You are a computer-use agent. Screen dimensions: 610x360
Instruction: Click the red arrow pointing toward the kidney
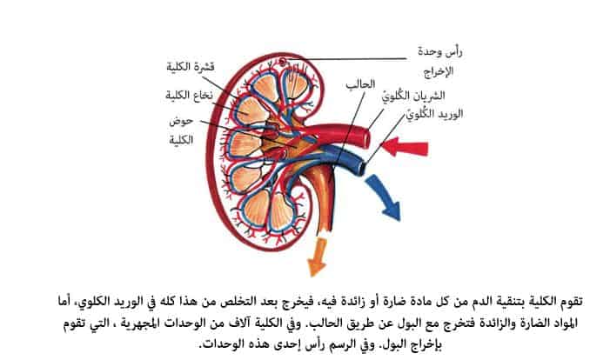tap(405, 147)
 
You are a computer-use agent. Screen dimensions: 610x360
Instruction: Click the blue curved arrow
tap(385, 197)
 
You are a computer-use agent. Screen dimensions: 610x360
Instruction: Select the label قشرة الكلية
tap(191, 67)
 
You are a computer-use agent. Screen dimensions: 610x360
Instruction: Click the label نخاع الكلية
tap(189, 96)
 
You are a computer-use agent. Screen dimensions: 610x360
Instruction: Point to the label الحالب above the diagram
tap(360, 84)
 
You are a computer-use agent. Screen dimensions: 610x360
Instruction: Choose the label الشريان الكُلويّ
tap(413, 96)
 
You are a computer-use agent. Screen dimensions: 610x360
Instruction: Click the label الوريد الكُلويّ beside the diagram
tap(434, 114)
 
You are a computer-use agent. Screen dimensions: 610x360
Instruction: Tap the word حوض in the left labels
tap(181, 121)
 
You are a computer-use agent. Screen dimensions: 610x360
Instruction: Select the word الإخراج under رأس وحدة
tap(439, 72)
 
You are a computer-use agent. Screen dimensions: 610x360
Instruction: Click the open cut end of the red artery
tap(365, 138)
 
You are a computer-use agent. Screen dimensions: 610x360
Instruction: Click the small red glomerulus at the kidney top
tap(283, 61)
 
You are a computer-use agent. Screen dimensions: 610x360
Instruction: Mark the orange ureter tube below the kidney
tap(324, 202)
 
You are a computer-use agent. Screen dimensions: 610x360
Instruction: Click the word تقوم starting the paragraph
tap(570, 301)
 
